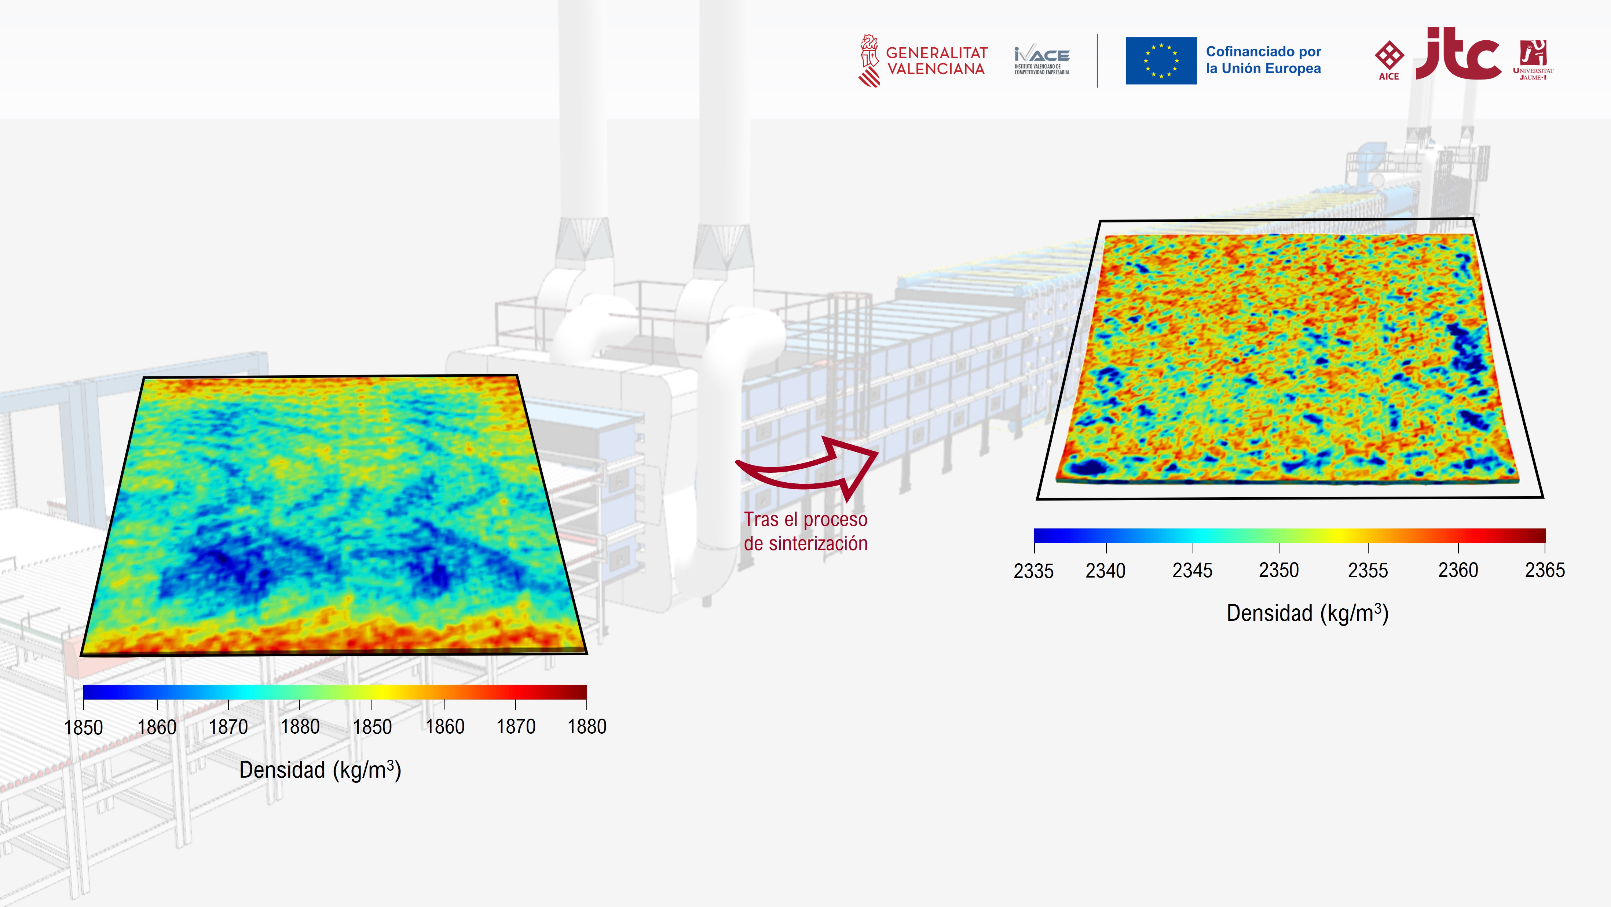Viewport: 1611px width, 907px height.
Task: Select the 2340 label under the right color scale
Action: [x=1105, y=571]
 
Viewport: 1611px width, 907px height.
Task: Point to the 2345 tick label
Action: [x=1192, y=571]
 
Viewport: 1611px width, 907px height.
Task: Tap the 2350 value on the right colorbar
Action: [x=1278, y=570]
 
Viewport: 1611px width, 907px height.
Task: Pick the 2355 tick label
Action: [x=1368, y=570]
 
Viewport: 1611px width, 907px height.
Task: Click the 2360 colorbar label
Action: [x=1458, y=570]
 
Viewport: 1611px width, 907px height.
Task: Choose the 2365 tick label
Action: [x=1545, y=570]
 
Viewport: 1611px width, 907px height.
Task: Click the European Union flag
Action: [x=1161, y=60]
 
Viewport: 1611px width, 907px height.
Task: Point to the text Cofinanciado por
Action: [x=1263, y=51]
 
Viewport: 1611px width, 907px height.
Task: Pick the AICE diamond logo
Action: [x=1389, y=60]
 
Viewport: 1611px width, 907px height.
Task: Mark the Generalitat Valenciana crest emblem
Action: [x=869, y=60]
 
